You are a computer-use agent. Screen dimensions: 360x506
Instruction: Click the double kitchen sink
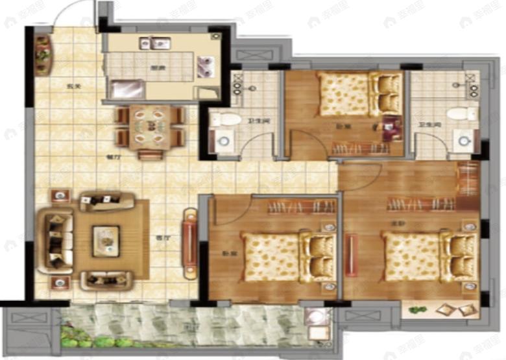(x=156, y=44)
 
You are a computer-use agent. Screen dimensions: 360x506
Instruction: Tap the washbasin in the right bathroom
(x=464, y=138)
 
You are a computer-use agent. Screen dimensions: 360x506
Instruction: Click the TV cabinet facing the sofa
(x=189, y=239)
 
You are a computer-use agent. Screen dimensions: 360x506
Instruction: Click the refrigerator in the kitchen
(x=126, y=89)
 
